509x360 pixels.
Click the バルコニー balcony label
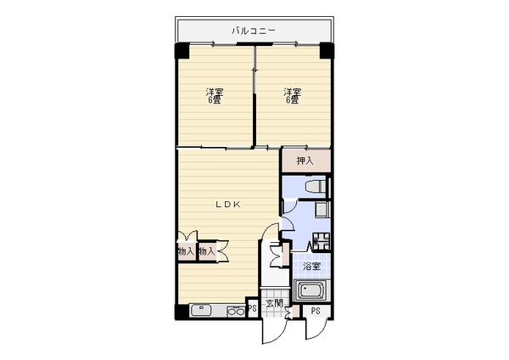(x=254, y=31)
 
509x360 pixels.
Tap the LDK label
(x=228, y=205)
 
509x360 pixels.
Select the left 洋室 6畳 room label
(x=215, y=96)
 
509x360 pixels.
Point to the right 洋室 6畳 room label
(x=292, y=96)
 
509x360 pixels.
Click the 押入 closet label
(x=305, y=160)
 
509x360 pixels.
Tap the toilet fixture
(x=316, y=187)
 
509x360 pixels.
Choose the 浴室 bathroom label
(x=311, y=267)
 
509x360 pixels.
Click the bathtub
(x=311, y=290)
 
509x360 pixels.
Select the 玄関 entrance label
(x=274, y=304)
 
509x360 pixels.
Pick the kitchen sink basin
(x=202, y=310)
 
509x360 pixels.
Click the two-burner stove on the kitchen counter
(x=236, y=312)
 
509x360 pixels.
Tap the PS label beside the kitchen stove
(x=252, y=307)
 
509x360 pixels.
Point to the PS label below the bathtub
(x=316, y=311)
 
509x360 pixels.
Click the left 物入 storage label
(x=187, y=251)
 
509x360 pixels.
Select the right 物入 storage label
(x=207, y=251)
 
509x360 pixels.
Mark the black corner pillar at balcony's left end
(x=182, y=51)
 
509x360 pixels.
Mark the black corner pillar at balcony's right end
(x=327, y=51)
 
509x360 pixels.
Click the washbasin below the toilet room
(x=322, y=210)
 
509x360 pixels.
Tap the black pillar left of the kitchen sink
(x=182, y=312)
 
